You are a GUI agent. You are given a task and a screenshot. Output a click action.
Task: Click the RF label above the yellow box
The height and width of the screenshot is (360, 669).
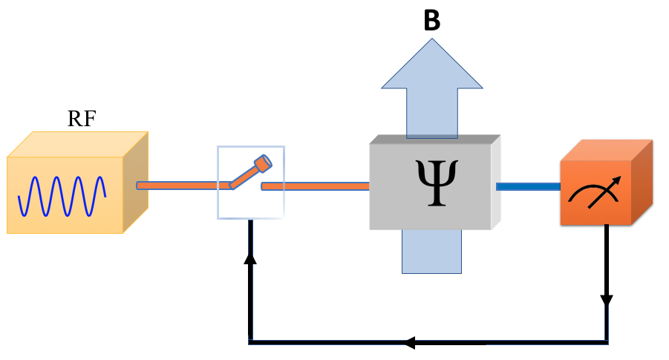81,119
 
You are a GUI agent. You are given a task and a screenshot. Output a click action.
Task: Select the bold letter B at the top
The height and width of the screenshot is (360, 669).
431,21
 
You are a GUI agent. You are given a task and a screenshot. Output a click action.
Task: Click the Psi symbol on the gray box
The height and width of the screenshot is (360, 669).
431,183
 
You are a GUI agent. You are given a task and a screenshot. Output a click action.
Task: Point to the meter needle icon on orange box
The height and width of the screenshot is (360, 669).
594,194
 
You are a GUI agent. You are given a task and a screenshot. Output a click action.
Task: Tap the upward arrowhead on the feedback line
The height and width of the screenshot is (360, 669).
250,257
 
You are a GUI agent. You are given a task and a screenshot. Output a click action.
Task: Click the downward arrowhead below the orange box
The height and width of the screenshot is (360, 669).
607,301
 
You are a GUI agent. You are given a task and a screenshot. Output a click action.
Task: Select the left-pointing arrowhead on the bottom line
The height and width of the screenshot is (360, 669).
409,343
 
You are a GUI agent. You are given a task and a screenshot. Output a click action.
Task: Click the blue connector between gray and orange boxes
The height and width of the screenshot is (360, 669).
527,186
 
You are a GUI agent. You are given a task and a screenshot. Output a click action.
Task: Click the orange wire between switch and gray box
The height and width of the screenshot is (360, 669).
315,186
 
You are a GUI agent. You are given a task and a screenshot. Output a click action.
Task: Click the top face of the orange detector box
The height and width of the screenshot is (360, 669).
605,151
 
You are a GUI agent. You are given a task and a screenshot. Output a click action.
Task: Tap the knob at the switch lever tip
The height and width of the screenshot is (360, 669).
263,163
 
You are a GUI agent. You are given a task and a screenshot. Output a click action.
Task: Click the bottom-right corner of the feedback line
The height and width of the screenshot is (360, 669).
607,342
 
